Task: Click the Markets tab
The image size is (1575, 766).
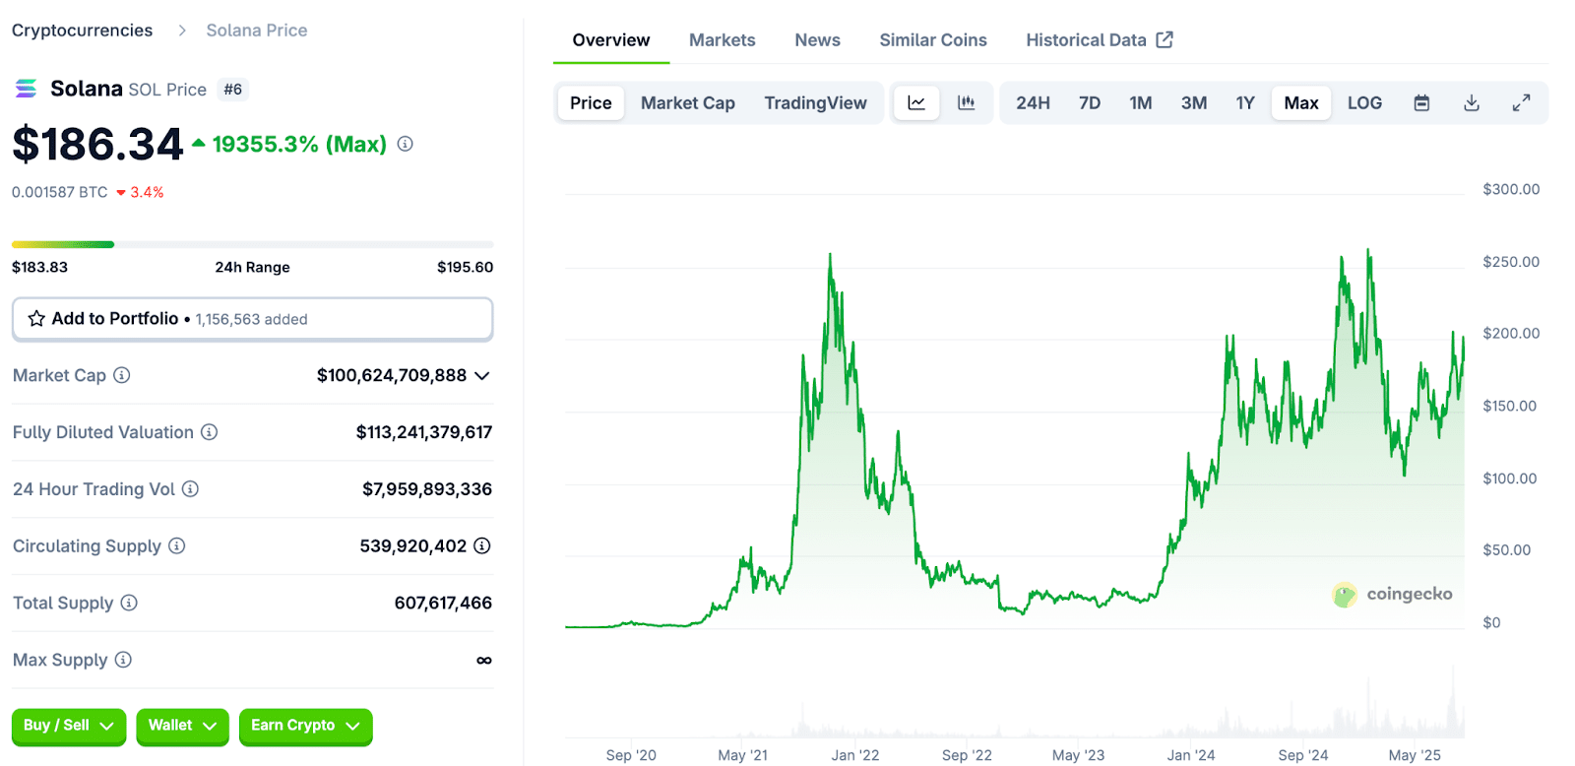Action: click(722, 40)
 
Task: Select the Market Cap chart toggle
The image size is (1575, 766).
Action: click(687, 103)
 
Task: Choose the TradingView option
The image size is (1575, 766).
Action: click(815, 103)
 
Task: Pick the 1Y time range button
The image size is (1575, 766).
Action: click(1244, 103)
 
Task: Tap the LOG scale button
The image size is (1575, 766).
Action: click(1364, 103)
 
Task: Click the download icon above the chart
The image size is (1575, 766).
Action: click(1471, 103)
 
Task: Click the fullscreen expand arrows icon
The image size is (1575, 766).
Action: click(1521, 103)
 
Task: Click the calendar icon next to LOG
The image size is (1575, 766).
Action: click(1421, 103)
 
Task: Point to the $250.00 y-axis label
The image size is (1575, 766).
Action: click(1510, 262)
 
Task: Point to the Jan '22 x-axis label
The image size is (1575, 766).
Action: click(854, 755)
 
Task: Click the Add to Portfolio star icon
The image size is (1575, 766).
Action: click(36, 319)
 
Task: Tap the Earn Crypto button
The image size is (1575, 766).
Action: click(305, 726)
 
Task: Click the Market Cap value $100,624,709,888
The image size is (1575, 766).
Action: click(391, 375)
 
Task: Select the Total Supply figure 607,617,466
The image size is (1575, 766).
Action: click(443, 603)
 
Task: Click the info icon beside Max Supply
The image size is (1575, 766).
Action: click(123, 660)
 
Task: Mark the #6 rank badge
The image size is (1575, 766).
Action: click(232, 90)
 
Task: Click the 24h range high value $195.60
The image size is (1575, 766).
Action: click(465, 267)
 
